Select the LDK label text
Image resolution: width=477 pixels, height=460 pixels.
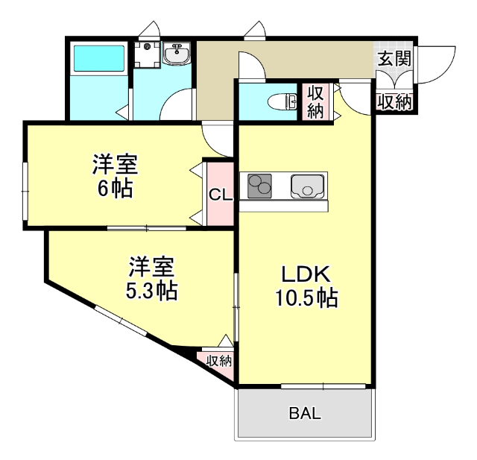click(x=306, y=274)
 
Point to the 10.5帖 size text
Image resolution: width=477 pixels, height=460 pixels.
click(x=306, y=299)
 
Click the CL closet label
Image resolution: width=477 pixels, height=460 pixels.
click(x=221, y=195)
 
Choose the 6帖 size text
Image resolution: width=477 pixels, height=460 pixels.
click(x=116, y=188)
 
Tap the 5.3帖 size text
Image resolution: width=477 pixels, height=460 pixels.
click(x=152, y=290)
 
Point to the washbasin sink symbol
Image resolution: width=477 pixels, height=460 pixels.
click(x=177, y=54)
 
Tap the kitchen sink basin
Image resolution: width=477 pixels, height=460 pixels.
click(x=306, y=186)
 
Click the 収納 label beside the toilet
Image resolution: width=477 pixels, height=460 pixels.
click(x=315, y=102)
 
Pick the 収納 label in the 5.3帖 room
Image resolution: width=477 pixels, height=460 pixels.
click(x=219, y=361)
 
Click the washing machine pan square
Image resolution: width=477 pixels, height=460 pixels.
click(x=147, y=54)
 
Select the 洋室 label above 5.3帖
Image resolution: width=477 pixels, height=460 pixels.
click(x=152, y=266)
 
